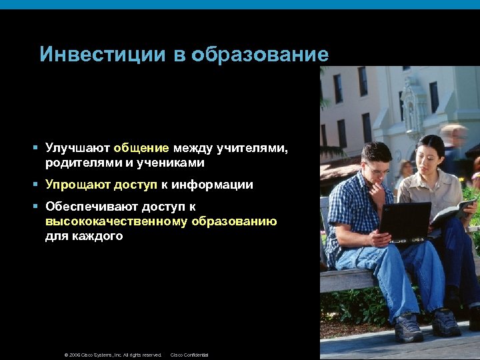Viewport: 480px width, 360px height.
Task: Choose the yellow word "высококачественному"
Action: pos(117,221)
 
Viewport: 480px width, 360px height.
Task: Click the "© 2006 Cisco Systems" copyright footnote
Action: pos(113,355)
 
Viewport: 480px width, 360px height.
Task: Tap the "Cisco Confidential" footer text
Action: pos(189,355)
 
